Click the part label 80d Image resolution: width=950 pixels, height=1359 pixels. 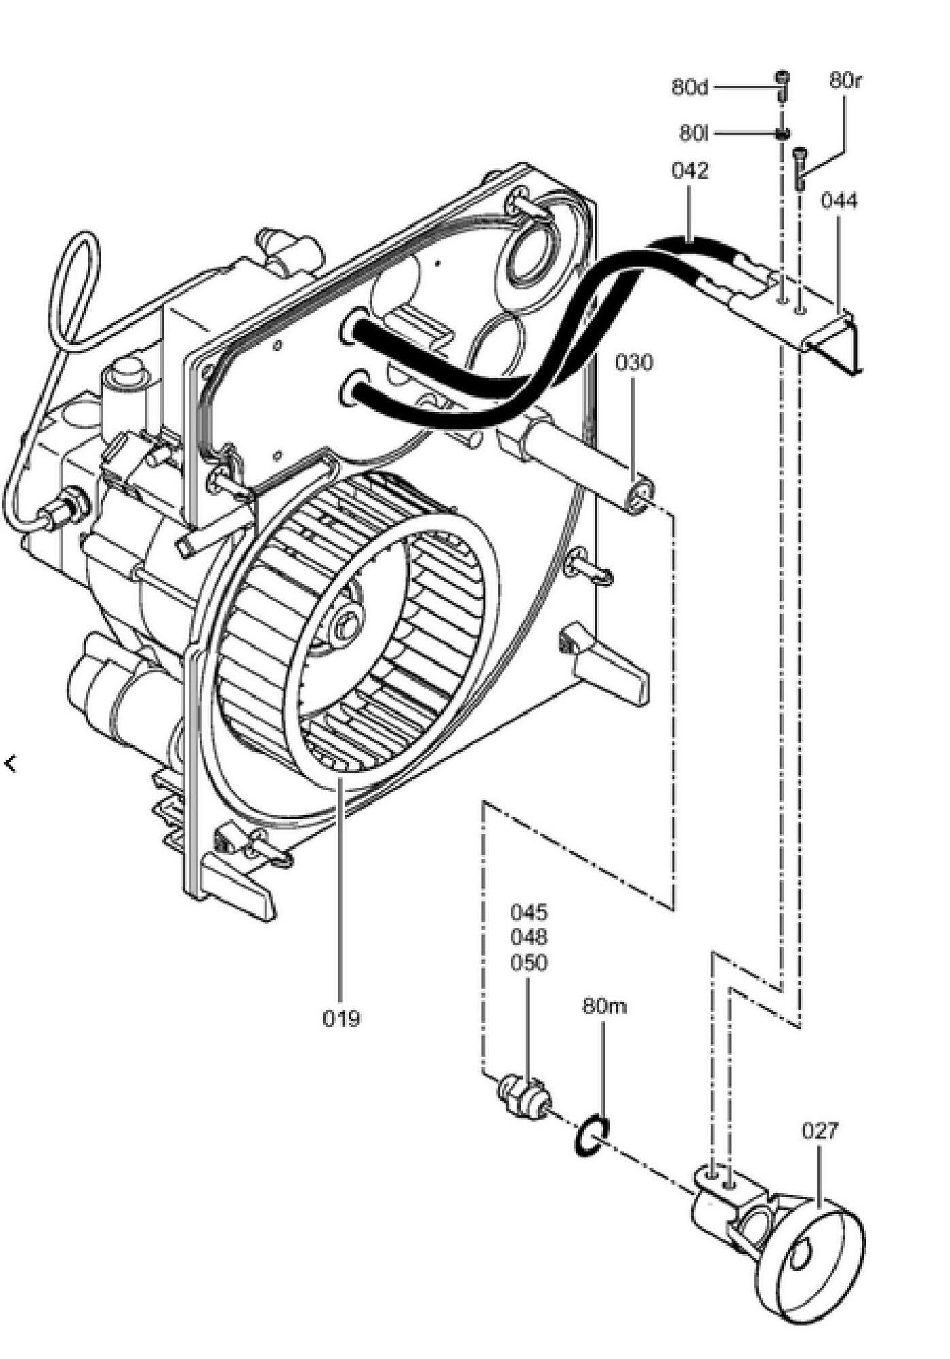(x=690, y=88)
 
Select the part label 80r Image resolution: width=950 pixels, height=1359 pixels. (x=845, y=80)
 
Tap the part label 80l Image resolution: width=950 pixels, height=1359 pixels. (x=694, y=133)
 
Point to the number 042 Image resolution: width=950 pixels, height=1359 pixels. (x=690, y=171)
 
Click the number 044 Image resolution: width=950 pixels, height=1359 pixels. (x=839, y=201)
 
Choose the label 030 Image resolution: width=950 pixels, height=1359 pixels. (x=633, y=363)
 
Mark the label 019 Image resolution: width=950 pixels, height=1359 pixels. (x=342, y=1019)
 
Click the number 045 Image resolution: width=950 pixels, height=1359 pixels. (x=529, y=912)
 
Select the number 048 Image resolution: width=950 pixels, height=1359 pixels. (x=529, y=938)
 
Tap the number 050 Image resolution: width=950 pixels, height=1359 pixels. (x=529, y=964)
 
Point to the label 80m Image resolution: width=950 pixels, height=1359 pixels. (x=604, y=1006)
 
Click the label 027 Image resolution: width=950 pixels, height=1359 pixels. (x=820, y=1131)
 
